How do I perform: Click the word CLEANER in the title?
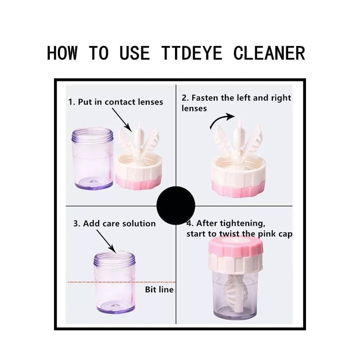269,53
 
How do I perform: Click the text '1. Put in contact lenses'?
116,102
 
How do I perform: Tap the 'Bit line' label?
159,289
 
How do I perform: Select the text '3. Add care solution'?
114,223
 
